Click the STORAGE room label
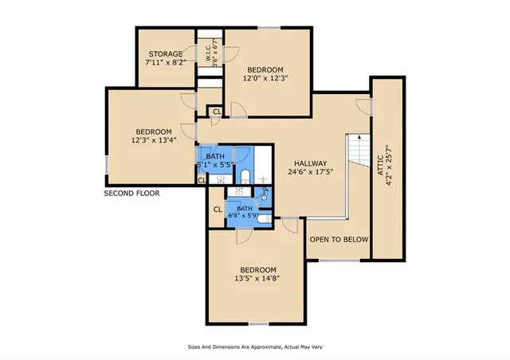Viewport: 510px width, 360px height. (168, 54)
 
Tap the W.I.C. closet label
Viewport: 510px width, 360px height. (208, 56)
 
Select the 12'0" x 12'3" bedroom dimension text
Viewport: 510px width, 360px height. (269, 78)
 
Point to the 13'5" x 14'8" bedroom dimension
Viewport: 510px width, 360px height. (257, 280)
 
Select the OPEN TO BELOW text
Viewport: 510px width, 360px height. (338, 239)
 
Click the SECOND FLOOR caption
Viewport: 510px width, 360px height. (132, 194)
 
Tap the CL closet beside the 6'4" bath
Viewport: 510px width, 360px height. (217, 209)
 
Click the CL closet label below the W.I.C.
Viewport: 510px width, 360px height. (217, 110)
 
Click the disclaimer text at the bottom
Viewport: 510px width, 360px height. (254, 347)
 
